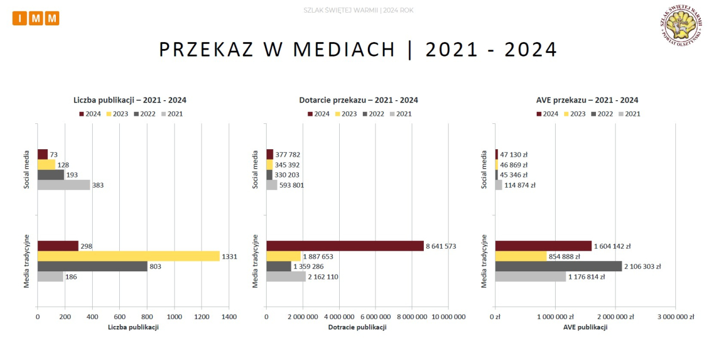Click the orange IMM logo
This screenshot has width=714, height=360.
click(36, 18)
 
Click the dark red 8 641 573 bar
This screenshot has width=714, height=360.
click(345, 246)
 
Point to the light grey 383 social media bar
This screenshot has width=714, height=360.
click(64, 185)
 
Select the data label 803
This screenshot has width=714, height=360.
click(155, 267)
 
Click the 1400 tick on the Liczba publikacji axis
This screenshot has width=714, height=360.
click(229, 317)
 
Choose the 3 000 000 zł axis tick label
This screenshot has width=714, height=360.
click(676, 317)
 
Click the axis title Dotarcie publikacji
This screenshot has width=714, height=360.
click(357, 327)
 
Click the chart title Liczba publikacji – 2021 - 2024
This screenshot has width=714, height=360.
click(130, 100)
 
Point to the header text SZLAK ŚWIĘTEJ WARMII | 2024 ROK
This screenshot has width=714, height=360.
click(358, 10)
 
